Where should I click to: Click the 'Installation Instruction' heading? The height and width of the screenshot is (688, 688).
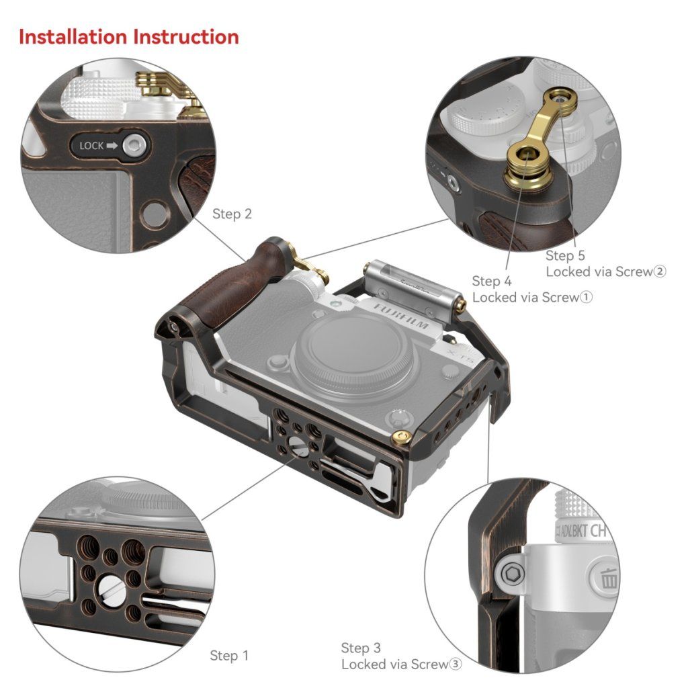[129, 37]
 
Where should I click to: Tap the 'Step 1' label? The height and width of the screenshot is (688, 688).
[229, 656]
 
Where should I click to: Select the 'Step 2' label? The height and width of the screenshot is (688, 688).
[232, 214]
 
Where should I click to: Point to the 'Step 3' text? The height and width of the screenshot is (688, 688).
[361, 648]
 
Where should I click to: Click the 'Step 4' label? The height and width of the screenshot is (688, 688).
[492, 281]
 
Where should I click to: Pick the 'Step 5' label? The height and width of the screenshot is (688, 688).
[565, 255]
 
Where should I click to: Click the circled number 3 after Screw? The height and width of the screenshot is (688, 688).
[456, 664]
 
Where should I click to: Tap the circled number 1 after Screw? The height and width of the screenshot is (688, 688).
[586, 298]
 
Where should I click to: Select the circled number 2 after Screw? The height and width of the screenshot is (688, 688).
[660, 271]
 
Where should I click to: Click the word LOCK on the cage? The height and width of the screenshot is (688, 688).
[91, 146]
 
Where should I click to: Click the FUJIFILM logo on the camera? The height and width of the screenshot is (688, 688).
[401, 316]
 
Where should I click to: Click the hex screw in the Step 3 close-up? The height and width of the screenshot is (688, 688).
[511, 573]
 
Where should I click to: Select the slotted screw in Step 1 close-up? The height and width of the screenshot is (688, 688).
[111, 589]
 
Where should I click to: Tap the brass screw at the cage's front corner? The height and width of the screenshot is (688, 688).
[402, 437]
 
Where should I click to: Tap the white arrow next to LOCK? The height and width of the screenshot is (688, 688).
[112, 146]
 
